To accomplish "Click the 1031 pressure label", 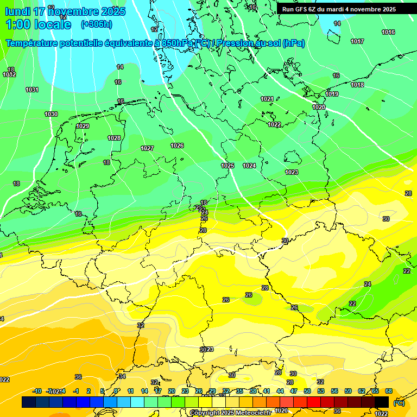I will click(x=32, y=90).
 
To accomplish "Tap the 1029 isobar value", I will click(x=83, y=126).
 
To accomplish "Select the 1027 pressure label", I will click(x=147, y=148).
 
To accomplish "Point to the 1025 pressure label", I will click(x=228, y=166).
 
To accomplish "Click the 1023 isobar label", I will click(x=292, y=172).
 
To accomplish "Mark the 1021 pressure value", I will click(x=267, y=99).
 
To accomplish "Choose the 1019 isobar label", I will click(x=332, y=94).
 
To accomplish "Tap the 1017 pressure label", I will click(x=357, y=42).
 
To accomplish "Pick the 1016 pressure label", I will click(x=388, y=33).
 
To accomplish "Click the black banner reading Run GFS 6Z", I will click(x=339, y=9).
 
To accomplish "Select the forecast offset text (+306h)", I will click(x=96, y=24).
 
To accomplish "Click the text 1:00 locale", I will click(x=39, y=24).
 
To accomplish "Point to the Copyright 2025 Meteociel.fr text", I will click(x=230, y=413).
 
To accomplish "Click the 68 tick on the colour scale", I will click(x=389, y=391).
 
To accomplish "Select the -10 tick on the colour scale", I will click(x=37, y=391).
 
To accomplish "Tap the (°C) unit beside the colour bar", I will click(x=399, y=402).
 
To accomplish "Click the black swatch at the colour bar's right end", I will click(x=382, y=402).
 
